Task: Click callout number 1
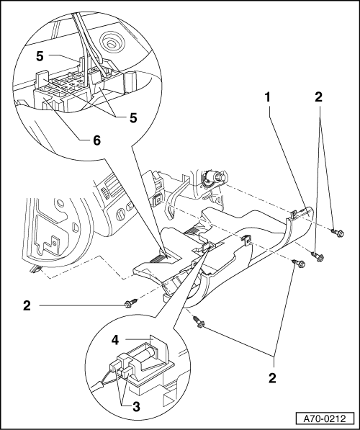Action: pos(267,97)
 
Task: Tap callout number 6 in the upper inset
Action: pos(96,140)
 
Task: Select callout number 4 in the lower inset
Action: pos(115,340)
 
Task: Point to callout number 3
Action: pos(136,407)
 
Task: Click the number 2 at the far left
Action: pos(27,305)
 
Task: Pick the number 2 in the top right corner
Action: pos(318,97)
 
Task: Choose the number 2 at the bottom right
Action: pos(272,378)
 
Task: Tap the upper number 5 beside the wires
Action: pos(40,56)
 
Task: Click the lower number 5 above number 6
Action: pos(133,118)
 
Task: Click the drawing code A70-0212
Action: pos(325,418)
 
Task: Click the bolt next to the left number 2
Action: pos(130,303)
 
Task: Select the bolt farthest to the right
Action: pos(337,233)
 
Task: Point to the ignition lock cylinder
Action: pos(216,178)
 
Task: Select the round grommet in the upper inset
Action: pos(111,43)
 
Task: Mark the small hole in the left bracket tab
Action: pos(55,243)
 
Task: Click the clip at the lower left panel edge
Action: pos(35,269)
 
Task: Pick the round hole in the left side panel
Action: pos(60,204)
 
